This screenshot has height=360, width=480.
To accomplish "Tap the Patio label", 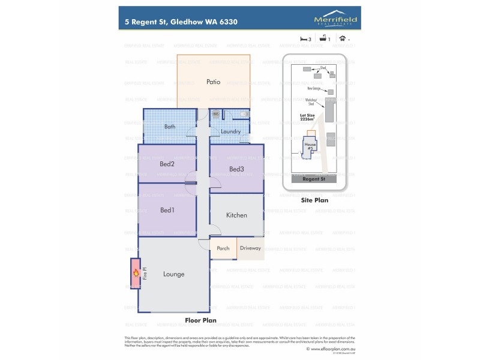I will pos(213,82).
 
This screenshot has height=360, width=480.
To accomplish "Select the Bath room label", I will pos(170,127).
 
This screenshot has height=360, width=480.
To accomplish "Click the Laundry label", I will pos(230,131).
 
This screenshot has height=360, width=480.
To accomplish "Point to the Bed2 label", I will pos(167,164).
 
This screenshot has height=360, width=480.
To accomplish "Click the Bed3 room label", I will pos(236,169).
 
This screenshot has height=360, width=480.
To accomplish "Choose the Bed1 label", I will pos(167,210).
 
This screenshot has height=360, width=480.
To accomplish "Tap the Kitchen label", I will pos(236,215).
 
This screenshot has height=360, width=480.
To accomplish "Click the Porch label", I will pos(223,248).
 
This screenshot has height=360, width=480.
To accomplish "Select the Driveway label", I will pos(250,248).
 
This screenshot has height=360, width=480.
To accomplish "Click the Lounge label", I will pos(173,274).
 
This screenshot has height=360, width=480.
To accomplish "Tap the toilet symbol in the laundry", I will pos(244,113).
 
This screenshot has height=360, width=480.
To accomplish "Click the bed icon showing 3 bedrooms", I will pos(304,38).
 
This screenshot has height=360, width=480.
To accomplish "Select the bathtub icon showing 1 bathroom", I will pos(323,38).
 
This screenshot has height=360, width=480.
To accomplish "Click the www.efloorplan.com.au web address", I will pos(334,349).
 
